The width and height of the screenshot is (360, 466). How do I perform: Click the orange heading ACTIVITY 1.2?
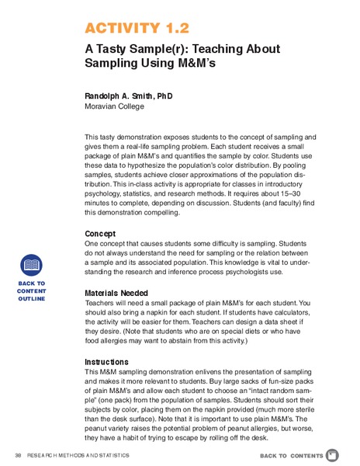point(137,29)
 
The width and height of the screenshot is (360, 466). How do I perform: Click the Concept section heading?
point(100,233)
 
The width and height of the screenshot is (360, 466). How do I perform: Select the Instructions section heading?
point(108,361)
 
